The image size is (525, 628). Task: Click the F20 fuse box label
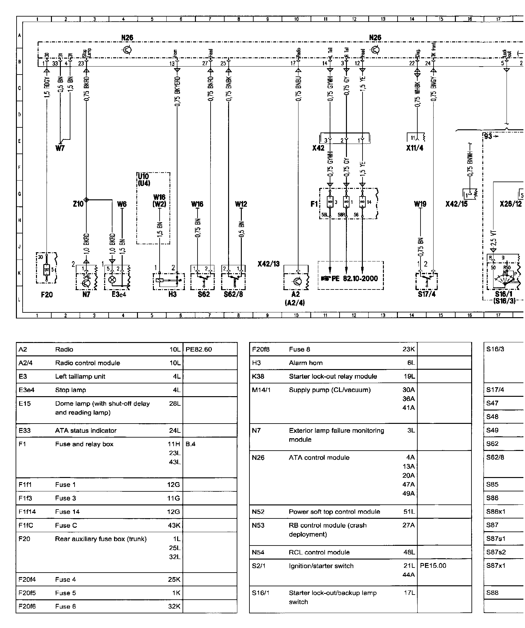coord(47,295)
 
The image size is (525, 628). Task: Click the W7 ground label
coord(60,148)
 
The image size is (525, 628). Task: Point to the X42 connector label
coord(318,148)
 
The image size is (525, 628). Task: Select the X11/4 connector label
coord(415,148)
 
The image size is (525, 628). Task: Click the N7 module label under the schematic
coord(86,295)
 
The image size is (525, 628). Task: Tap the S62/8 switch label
coord(233,295)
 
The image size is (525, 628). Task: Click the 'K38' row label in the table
coord(257,376)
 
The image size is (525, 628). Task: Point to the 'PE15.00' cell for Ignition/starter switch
coord(433,566)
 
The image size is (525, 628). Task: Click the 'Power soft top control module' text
coord(334,512)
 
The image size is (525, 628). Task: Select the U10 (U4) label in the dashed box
coord(144,180)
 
